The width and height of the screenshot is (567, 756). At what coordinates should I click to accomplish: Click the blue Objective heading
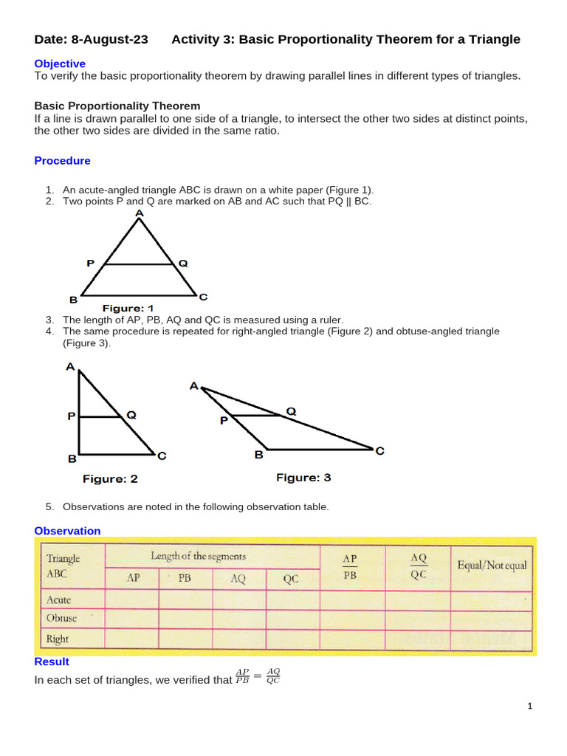pos(60,64)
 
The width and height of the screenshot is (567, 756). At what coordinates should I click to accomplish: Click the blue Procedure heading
pos(63,161)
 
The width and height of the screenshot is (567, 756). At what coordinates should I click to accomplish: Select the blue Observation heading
pos(67,531)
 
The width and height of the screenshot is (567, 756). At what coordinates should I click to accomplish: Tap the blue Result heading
pos(52,662)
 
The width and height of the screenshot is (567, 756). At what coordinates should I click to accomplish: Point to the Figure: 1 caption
pos(128,308)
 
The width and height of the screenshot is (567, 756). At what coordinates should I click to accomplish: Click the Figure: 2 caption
pos(110,478)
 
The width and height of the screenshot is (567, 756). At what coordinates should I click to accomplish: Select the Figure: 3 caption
pos(303,478)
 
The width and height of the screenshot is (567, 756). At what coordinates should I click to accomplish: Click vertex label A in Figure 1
pos(140,213)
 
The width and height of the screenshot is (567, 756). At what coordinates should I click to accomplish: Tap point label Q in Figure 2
pos(131,415)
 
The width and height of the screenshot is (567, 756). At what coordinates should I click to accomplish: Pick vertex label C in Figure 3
pos(379,450)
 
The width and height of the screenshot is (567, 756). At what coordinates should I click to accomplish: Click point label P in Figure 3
pos(224,421)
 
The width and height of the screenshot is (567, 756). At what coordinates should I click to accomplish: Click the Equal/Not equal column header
pos(492,566)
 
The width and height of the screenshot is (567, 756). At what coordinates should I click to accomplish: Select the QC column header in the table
pos(291,579)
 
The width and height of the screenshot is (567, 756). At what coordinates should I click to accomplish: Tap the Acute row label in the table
pos(59,599)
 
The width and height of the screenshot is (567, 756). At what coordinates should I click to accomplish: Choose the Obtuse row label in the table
pos(61,619)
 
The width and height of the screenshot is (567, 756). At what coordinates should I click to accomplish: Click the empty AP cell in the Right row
pos(132,639)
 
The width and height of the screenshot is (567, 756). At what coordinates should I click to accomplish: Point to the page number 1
pos(530,706)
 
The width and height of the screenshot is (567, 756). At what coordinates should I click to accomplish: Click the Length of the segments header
pos(199,556)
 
